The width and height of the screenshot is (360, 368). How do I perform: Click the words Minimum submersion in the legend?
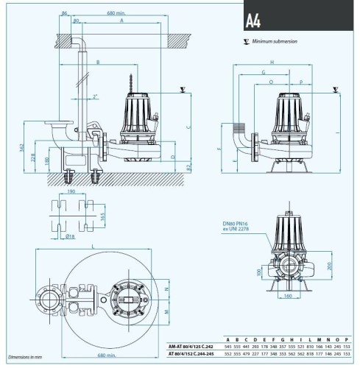(x=275, y=42)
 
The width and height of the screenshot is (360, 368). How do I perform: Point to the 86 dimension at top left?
(x=64, y=13)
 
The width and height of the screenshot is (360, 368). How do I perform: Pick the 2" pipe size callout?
(x=95, y=96)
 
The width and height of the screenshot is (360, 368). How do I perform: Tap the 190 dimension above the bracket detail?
(x=71, y=191)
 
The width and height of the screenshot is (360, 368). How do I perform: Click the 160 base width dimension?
(x=287, y=297)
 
